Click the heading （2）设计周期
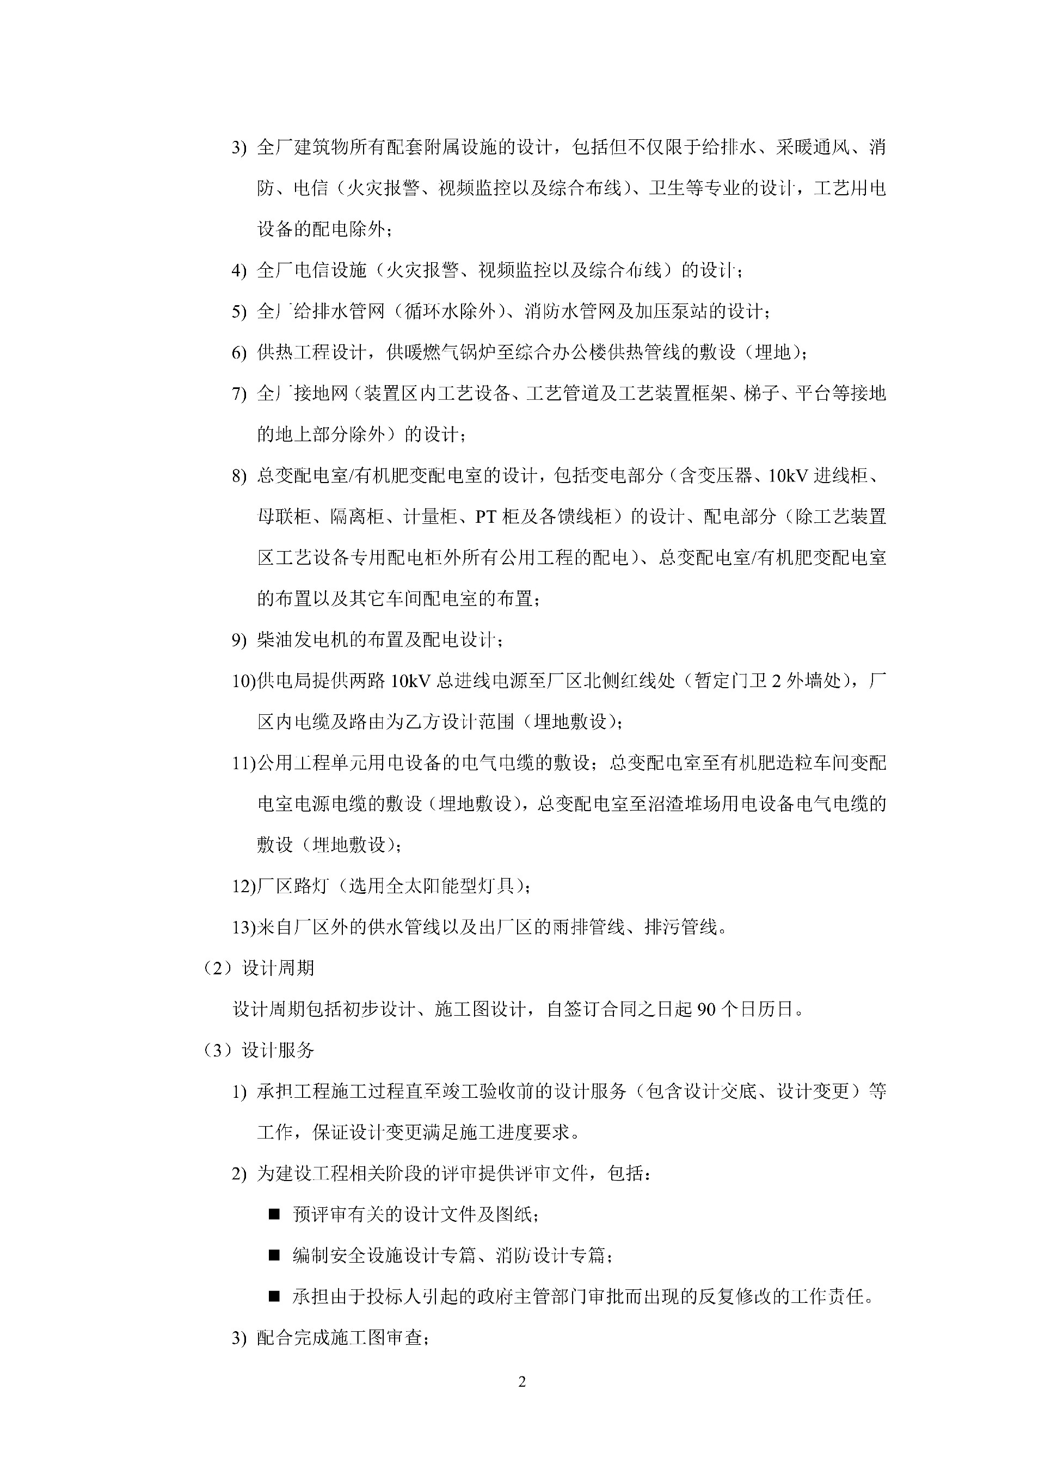point(258,967)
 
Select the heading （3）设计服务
point(258,1050)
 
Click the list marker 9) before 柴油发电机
point(239,640)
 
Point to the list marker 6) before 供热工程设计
point(239,353)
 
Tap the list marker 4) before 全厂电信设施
point(239,271)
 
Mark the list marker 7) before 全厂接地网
point(239,394)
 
